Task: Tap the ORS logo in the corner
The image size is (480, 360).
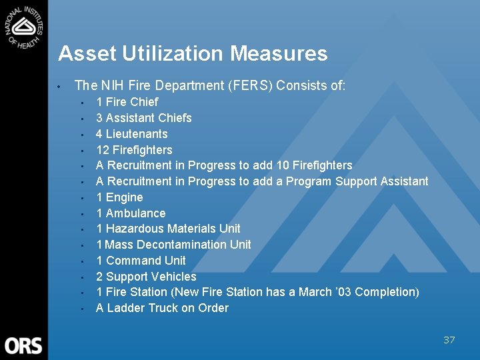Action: (x=23, y=345)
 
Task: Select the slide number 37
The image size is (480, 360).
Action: (x=449, y=340)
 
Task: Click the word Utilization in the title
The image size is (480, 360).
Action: (x=167, y=53)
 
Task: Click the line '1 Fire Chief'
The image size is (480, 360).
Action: (x=127, y=102)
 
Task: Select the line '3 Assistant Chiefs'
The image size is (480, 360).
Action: (x=143, y=118)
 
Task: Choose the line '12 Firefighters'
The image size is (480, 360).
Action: (x=134, y=150)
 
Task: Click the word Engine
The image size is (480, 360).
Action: (x=125, y=197)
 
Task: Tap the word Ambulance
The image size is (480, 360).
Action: (x=135, y=213)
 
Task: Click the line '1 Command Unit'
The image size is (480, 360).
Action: (x=141, y=261)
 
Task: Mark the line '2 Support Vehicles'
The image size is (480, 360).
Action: (x=146, y=277)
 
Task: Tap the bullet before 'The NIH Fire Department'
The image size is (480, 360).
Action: (x=59, y=87)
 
